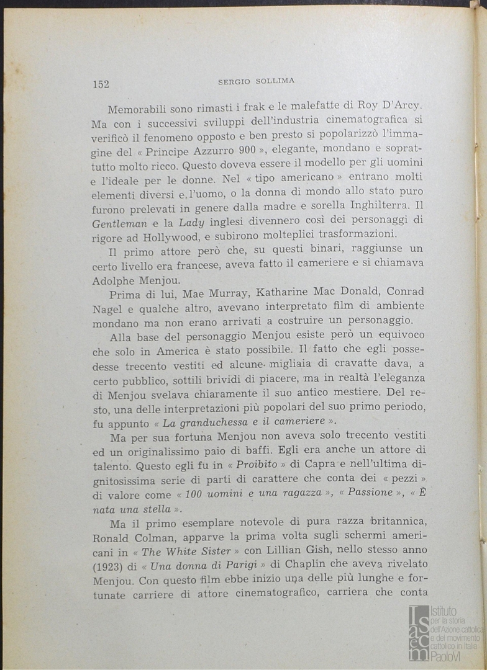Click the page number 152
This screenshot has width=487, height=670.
(x=101, y=85)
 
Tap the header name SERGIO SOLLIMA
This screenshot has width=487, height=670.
(x=256, y=81)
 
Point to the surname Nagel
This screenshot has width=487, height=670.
(x=107, y=306)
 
